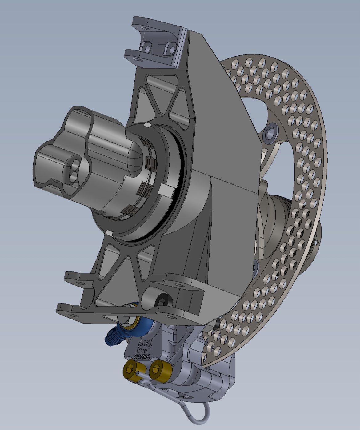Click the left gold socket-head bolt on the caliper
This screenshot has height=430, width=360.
(x=130, y=368)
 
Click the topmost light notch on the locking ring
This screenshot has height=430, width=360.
(x=147, y=125)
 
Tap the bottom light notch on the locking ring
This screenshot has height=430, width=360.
(x=110, y=233)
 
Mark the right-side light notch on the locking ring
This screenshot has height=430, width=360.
(x=165, y=191)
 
